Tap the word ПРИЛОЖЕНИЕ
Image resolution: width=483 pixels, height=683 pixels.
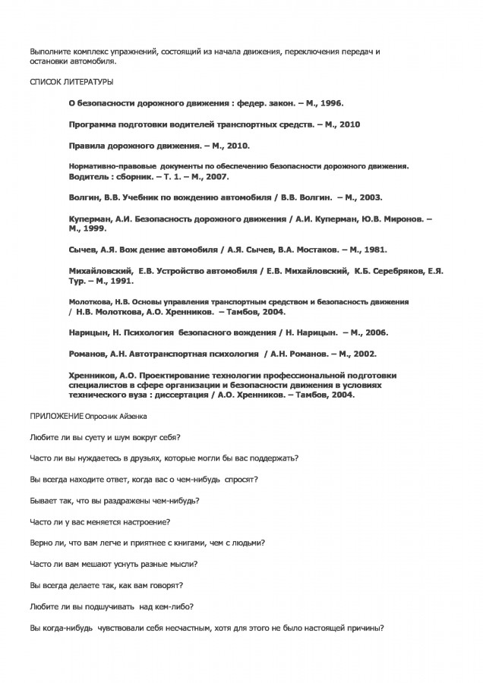tap(55, 417)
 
